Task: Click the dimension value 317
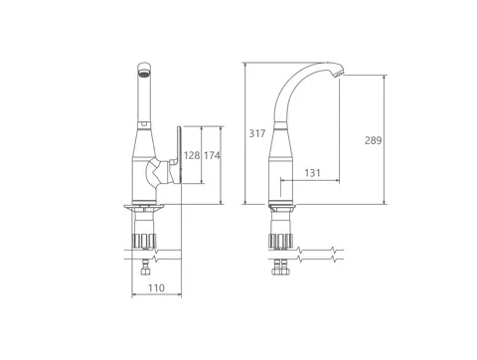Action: click(257, 133)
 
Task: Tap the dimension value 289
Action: click(374, 140)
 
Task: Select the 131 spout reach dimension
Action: click(312, 173)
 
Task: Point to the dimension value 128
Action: click(192, 155)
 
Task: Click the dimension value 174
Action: click(212, 155)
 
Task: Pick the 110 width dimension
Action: click(156, 287)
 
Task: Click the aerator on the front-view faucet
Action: click(144, 73)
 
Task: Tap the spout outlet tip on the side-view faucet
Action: click(339, 73)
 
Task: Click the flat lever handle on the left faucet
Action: click(179, 154)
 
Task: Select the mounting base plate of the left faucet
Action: click(144, 208)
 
